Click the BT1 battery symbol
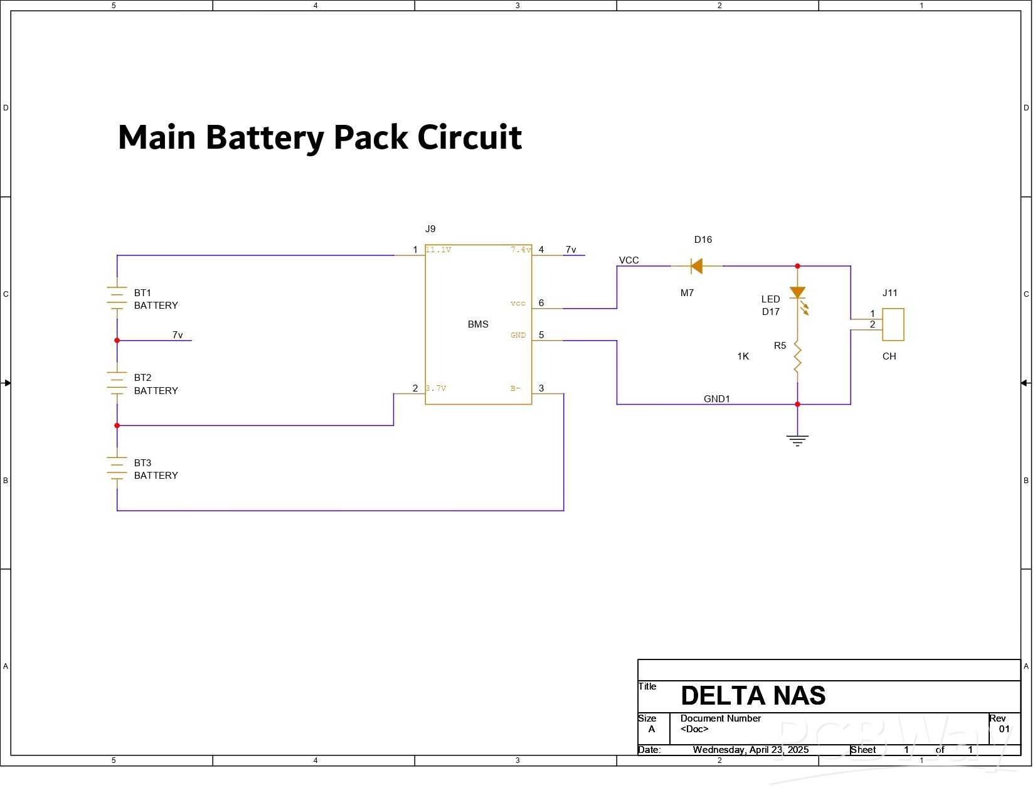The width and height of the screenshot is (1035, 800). pos(117,298)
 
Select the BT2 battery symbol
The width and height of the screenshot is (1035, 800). pos(117,383)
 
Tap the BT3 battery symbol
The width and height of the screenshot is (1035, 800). pos(117,468)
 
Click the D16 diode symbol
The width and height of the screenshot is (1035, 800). pos(696,266)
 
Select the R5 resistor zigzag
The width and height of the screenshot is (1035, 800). pos(797,357)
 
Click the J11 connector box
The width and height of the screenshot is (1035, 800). pos(893,324)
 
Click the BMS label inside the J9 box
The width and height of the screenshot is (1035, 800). pos(478,324)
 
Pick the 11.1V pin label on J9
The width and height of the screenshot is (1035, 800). pos(438,250)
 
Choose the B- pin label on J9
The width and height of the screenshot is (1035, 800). pos(516,388)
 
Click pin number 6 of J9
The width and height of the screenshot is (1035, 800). pos(541,303)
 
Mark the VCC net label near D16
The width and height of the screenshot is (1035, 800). pos(629,260)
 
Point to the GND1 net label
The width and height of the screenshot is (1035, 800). pos(716,399)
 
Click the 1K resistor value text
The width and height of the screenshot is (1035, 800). pos(743,356)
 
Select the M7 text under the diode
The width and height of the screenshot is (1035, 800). pos(687,293)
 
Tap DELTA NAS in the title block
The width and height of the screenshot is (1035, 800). pos(753,696)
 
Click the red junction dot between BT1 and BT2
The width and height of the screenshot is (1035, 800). pos(117,341)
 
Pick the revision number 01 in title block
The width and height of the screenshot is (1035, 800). pos(1004,729)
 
